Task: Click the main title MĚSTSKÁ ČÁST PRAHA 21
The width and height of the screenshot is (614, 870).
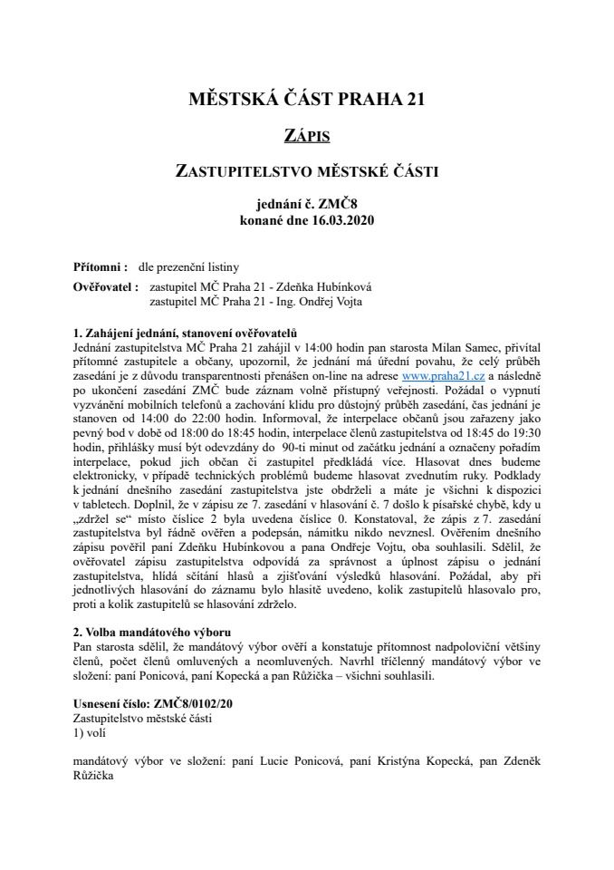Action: tap(306, 100)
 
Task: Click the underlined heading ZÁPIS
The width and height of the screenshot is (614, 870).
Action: tap(306, 136)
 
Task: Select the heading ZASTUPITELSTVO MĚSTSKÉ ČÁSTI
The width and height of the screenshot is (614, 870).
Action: tap(306, 169)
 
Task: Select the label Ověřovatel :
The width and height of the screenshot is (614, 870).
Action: tap(105, 287)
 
